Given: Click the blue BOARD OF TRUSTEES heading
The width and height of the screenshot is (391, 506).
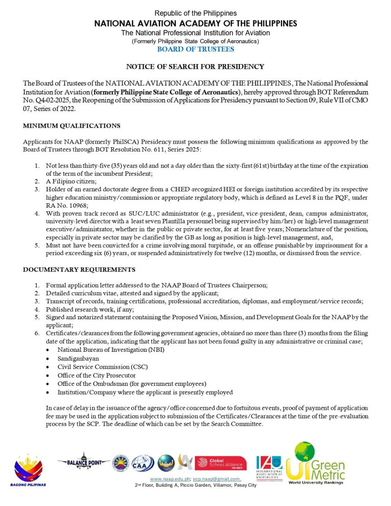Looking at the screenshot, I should (195, 49).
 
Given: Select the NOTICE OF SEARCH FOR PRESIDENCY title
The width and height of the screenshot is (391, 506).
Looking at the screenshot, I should (195, 67).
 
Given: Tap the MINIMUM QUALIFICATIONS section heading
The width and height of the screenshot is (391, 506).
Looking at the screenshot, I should (72, 125).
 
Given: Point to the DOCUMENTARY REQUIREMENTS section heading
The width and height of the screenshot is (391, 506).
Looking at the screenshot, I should (79, 269).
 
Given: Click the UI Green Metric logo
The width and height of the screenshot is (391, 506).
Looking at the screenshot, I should (316, 463).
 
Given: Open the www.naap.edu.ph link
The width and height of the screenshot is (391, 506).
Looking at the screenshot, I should (170, 480).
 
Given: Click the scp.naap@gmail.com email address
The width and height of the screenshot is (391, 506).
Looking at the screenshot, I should (216, 480).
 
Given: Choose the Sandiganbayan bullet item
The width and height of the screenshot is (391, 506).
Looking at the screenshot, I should (78, 358).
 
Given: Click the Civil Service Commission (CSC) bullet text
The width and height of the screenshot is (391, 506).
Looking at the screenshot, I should (97, 367).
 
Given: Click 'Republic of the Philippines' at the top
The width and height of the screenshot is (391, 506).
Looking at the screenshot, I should (195, 13).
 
